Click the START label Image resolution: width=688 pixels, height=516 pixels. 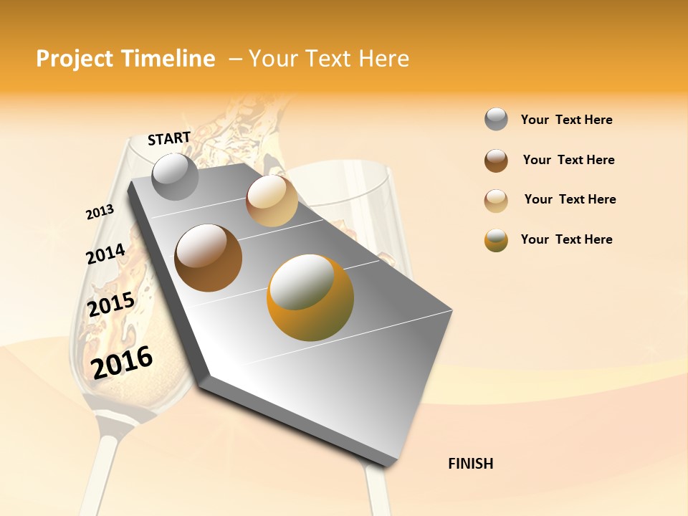pos(169,138)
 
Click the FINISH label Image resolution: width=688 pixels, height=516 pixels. pos(470,464)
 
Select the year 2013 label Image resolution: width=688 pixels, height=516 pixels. pos(100,212)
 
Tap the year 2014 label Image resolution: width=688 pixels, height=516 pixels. pos(105,254)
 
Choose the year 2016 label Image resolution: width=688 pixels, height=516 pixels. pos(123,362)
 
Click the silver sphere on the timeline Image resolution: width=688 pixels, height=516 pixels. pos(176,176)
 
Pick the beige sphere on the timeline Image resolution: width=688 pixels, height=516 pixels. pos(272,201)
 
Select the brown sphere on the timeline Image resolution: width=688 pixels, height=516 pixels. pos(209,258)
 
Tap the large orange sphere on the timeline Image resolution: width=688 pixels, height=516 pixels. pos(310,297)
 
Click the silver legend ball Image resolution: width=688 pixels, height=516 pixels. pos(496,120)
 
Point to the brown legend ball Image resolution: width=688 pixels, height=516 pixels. pos(496,161)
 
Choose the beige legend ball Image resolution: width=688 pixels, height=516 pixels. pos(496,201)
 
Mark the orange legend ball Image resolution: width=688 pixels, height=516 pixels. pos(496,241)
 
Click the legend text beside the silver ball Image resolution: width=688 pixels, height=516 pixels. pos(566,120)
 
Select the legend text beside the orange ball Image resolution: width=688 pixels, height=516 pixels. pos(566,239)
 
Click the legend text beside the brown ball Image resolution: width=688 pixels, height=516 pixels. pos(568,160)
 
